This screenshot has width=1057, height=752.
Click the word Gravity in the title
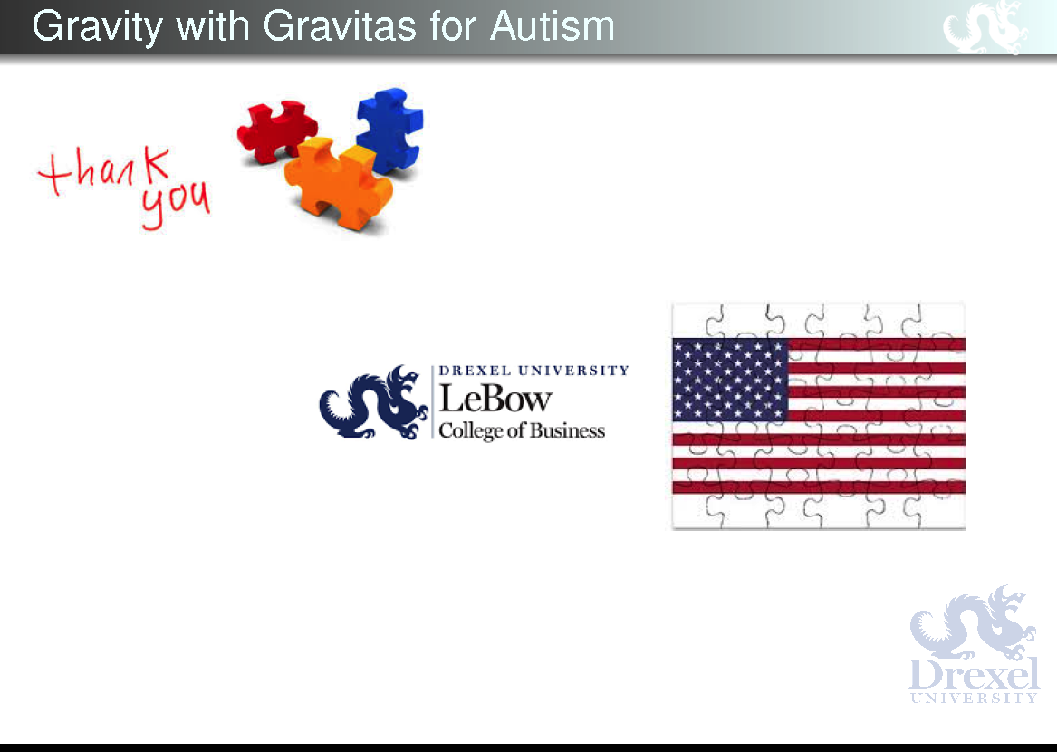point(97,28)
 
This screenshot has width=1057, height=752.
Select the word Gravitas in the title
point(339,26)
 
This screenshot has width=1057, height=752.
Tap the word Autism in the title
point(553,26)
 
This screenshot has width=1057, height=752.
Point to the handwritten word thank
point(103,169)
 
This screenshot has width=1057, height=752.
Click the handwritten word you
point(176,205)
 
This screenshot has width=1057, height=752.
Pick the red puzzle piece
point(276,130)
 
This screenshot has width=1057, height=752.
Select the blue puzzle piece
point(389,130)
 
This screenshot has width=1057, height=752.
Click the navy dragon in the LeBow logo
point(373,402)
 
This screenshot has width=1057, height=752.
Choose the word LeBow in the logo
point(495,399)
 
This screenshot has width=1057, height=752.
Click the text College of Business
point(522,430)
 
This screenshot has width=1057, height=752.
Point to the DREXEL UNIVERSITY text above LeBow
point(533,371)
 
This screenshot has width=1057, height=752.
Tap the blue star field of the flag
point(731,380)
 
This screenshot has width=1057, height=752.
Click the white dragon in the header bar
point(985,27)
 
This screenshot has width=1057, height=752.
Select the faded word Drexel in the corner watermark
point(974,674)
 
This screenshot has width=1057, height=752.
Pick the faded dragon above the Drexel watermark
point(973,622)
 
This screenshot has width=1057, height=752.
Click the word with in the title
point(212,26)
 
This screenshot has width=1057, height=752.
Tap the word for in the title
point(452,26)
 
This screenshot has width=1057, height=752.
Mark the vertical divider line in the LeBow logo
point(432,402)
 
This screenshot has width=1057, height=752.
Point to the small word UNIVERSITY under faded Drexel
point(974,698)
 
